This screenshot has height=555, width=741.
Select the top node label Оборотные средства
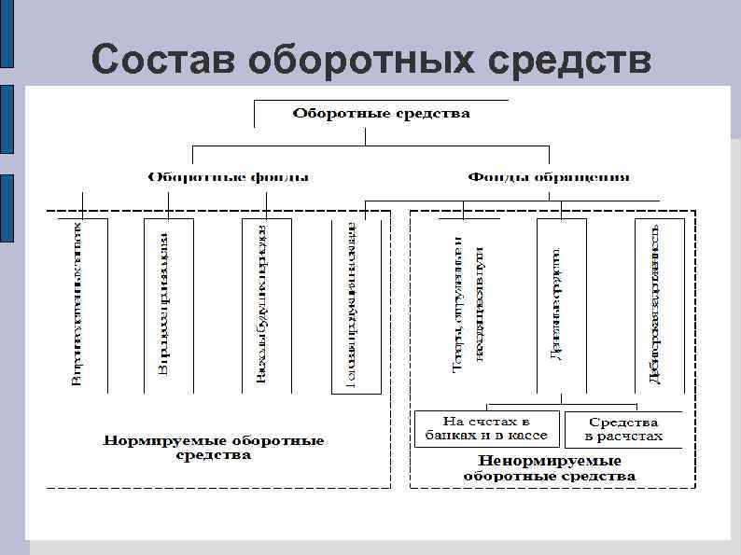[x=382, y=114]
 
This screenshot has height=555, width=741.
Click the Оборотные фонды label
[x=230, y=176]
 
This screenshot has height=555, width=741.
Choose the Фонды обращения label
[x=549, y=176]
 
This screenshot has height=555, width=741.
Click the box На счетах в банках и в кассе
[x=486, y=429]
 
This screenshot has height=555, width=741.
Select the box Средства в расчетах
[x=622, y=429]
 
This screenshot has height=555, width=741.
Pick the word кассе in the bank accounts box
[x=527, y=437]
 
